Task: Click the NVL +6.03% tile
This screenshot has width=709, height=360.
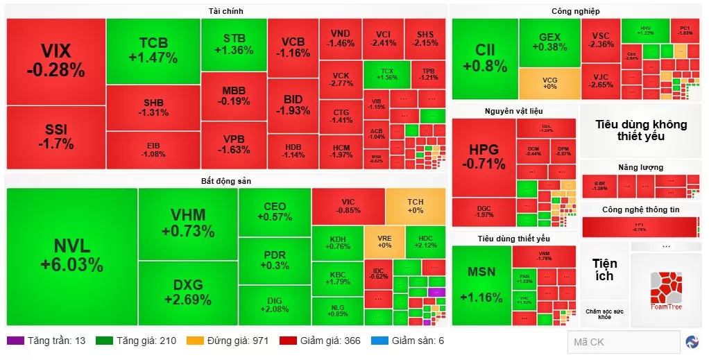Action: (71, 256)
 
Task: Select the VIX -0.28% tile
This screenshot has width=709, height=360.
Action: (55, 60)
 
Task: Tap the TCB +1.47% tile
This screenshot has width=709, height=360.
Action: (153, 51)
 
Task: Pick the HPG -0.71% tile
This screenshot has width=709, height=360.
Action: (484, 157)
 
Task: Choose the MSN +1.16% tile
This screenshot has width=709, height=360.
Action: (481, 284)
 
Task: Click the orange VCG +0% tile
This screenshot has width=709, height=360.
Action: (549, 83)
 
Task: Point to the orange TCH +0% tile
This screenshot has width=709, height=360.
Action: (416, 206)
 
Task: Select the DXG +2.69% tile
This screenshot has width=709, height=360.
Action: (187, 293)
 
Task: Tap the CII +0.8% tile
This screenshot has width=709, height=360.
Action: (484, 58)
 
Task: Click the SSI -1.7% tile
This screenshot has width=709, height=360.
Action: (55, 137)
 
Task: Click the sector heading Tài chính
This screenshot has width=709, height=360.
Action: (225, 11)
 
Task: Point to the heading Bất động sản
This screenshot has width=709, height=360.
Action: (225, 181)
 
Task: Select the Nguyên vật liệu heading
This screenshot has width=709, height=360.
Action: (513, 111)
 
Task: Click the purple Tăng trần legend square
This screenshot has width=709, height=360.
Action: (14, 341)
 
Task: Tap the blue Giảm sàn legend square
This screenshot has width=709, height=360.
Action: (377, 341)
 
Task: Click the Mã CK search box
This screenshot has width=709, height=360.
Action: (622, 342)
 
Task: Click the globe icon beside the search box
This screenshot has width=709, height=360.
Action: (692, 342)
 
